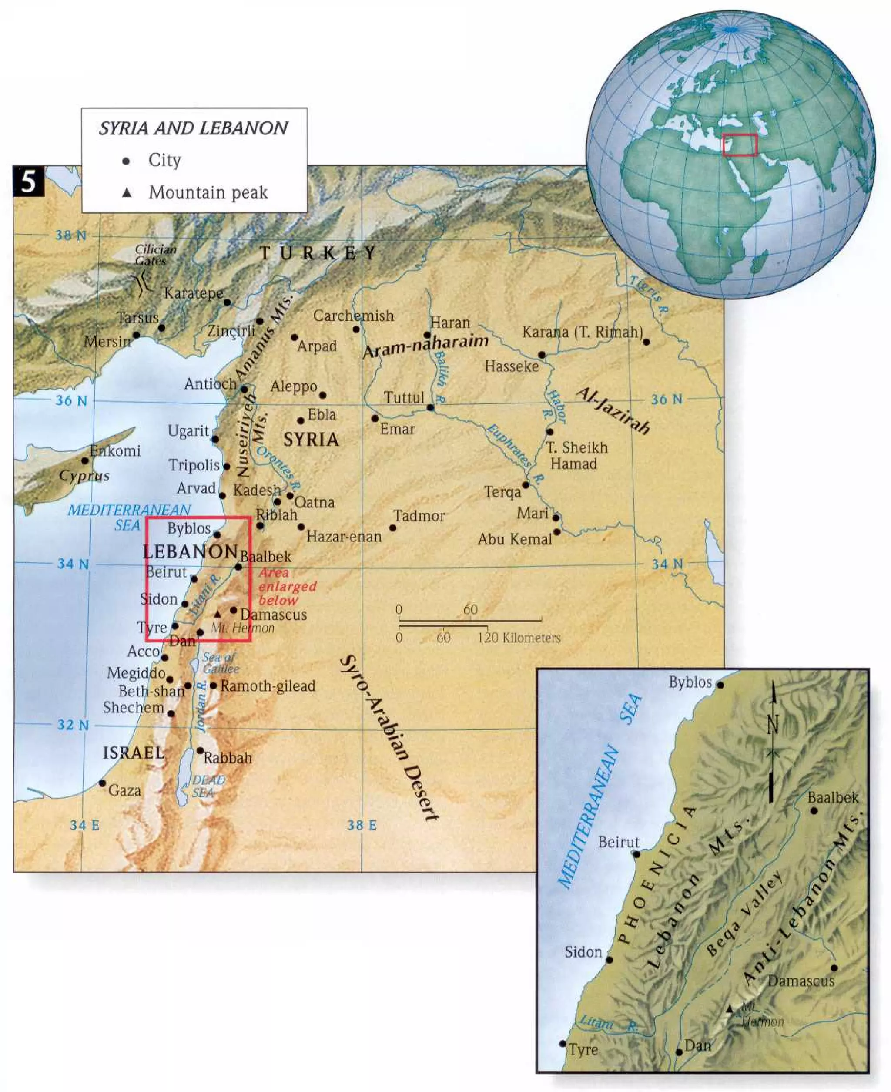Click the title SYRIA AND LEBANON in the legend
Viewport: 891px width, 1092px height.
(193, 128)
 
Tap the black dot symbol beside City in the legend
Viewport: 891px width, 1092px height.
(126, 161)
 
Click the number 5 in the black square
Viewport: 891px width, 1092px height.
(29, 182)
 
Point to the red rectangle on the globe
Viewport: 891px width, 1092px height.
(740, 145)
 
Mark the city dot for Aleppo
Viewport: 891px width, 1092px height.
(322, 395)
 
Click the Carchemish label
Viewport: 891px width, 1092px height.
(354, 316)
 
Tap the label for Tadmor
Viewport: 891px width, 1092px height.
(419, 515)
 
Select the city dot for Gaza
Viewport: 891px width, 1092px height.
(103, 783)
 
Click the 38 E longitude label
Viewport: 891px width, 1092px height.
(362, 825)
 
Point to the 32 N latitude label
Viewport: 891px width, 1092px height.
(72, 725)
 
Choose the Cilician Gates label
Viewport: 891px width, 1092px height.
(155, 255)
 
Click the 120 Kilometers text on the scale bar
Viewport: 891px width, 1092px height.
(519, 638)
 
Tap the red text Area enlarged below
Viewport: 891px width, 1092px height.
(287, 586)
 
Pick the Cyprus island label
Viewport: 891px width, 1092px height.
(84, 475)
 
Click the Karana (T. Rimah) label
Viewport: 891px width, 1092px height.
(583, 332)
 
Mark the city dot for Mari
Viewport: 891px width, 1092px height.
(556, 517)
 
